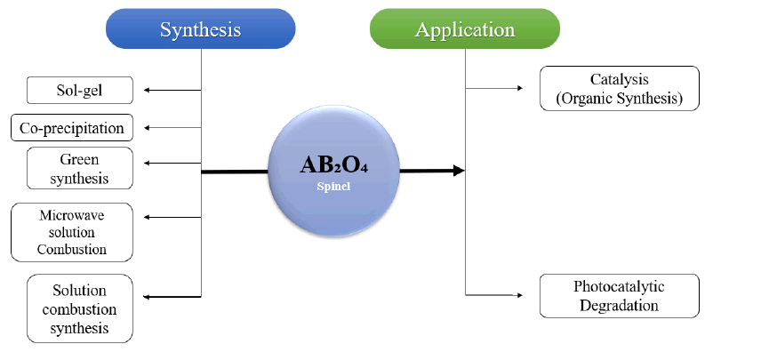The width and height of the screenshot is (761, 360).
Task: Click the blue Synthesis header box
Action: (201, 29)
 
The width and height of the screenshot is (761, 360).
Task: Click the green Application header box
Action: (464, 29)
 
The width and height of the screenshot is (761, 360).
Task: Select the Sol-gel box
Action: (80, 90)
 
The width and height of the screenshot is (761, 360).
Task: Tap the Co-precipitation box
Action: (72, 127)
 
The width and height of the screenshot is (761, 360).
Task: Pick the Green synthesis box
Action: (80, 168)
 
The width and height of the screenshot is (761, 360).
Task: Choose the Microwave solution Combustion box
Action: (72, 232)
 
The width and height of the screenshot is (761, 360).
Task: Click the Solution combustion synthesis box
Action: (80, 308)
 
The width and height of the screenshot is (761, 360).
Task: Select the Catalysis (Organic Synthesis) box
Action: (620, 88)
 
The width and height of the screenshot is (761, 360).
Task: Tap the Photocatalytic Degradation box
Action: (620, 296)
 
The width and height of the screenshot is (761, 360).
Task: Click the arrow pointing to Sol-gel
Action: (172, 90)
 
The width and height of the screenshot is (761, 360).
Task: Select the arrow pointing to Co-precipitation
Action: (172, 127)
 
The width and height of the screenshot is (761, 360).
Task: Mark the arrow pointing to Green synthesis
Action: (172, 164)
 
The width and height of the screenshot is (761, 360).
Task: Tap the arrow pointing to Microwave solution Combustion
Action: (172, 217)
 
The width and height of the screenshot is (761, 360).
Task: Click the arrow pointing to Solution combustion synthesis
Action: (172, 297)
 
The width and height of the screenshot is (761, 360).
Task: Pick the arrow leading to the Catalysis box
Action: (494, 88)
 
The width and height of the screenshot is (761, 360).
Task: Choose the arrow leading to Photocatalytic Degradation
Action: (494, 295)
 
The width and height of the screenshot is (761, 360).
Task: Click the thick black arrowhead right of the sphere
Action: (459, 171)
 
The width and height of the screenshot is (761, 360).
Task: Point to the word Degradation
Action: (620, 306)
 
